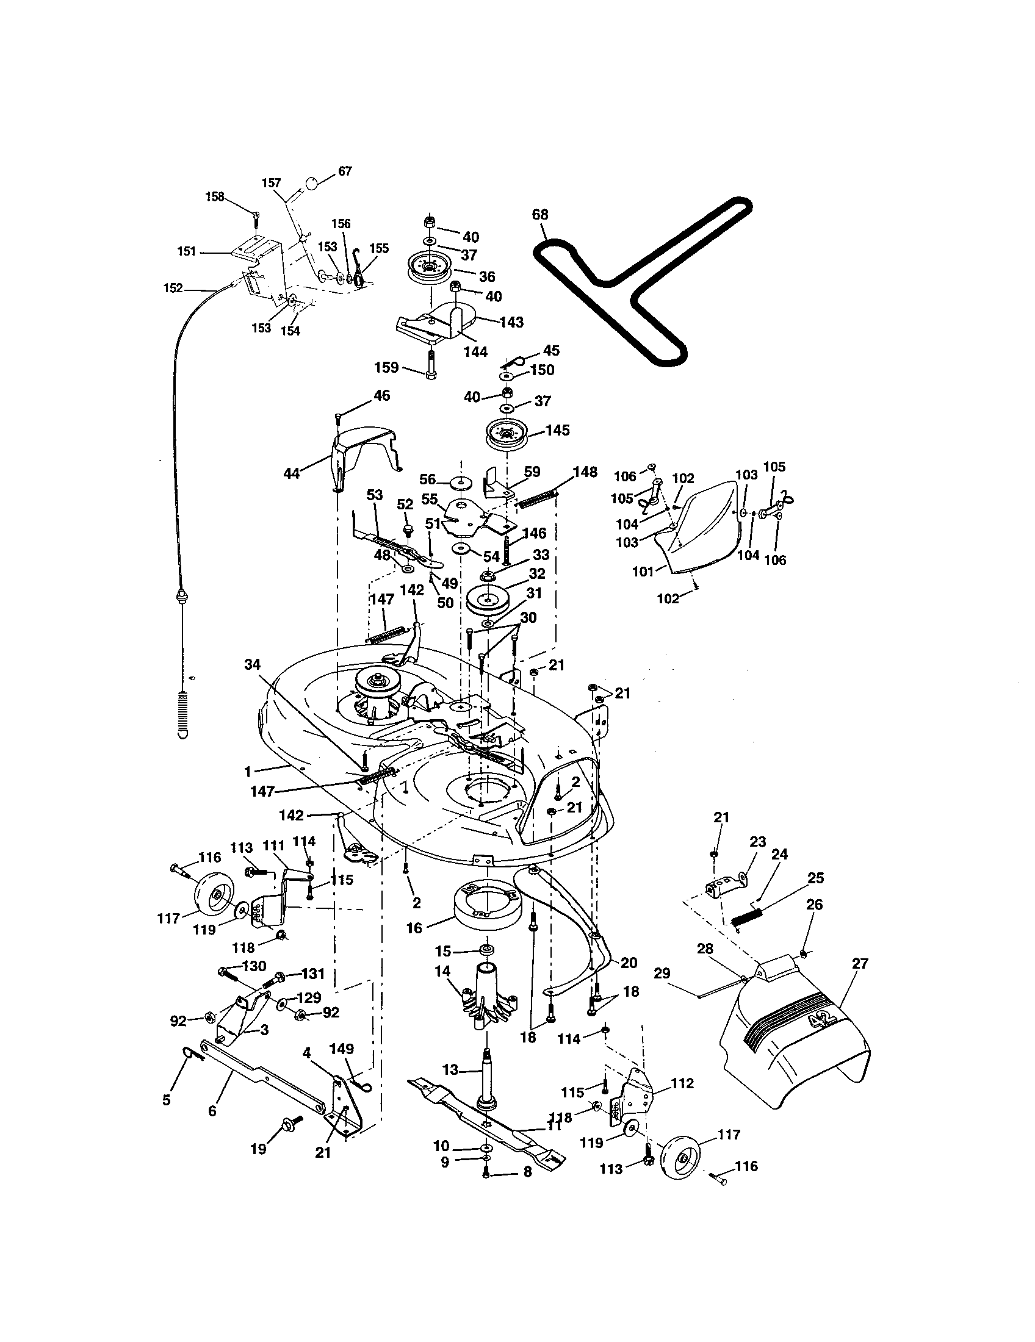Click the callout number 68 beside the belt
tap(540, 215)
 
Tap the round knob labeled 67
tap(312, 183)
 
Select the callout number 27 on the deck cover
tap(859, 963)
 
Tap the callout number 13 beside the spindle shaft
tap(450, 1070)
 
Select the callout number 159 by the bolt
tap(387, 367)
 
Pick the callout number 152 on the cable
tap(173, 287)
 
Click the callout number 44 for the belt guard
tap(291, 474)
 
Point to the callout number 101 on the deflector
tap(643, 571)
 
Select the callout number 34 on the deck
tap(252, 664)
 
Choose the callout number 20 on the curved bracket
tap(629, 963)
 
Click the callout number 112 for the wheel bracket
tap(682, 1083)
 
